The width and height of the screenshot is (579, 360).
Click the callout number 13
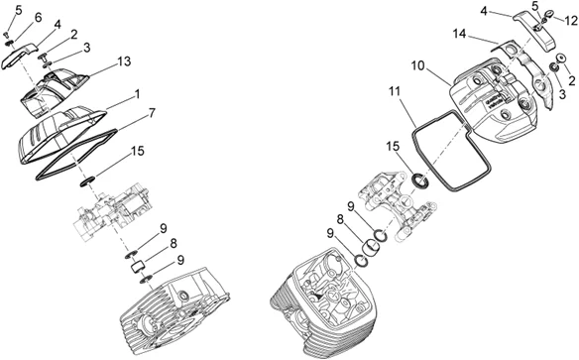(125, 61)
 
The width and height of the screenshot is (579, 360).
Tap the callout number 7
(152, 113)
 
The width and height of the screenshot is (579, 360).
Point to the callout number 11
(395, 91)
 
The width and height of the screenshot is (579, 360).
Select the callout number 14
(460, 34)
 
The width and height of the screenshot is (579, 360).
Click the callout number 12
(571, 21)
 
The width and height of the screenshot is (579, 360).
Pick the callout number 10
(418, 65)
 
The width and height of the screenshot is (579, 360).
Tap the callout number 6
(38, 17)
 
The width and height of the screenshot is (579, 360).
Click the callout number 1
(138, 94)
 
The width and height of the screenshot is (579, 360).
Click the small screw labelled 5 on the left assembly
(6, 35)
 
